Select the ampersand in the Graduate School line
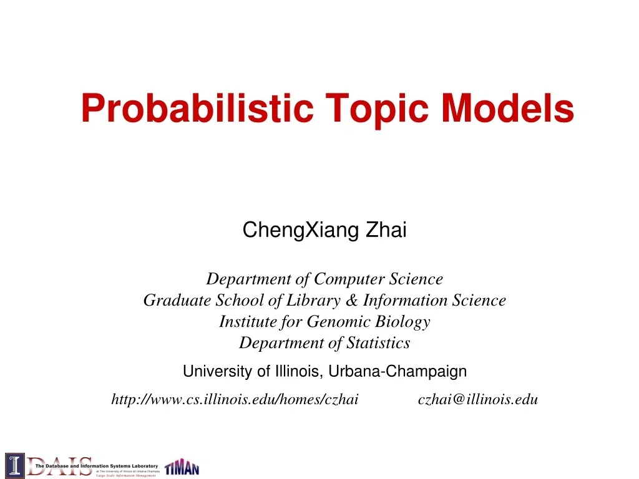pyautogui.click(x=351, y=301)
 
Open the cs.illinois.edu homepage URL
pyautogui.click(x=235, y=400)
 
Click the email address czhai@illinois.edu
pyautogui.click(x=477, y=400)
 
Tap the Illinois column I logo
pyautogui.click(x=14, y=465)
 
